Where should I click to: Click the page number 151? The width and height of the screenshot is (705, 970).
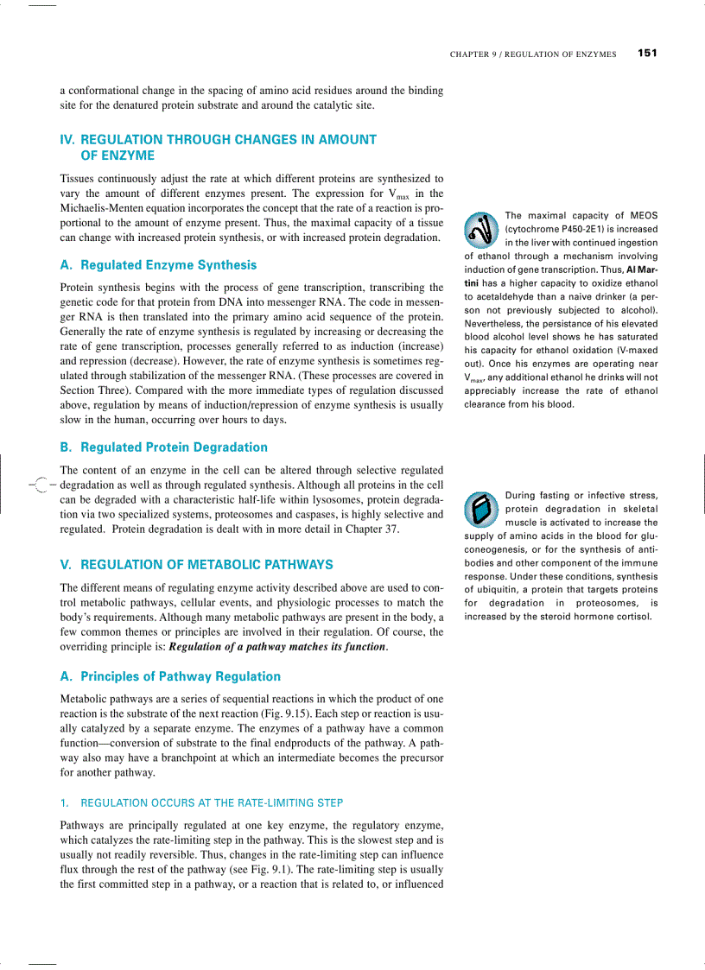point(647,54)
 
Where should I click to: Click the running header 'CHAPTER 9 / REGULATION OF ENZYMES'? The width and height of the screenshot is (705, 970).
point(533,54)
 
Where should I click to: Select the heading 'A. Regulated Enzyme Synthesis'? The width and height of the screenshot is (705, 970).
point(158,265)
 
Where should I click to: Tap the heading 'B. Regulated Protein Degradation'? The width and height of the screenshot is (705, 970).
point(163,447)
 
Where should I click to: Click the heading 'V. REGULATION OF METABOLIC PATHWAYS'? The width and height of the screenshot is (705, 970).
point(196,565)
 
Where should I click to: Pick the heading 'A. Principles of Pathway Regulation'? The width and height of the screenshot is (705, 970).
point(170,676)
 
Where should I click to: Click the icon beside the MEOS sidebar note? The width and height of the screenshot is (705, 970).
point(480,229)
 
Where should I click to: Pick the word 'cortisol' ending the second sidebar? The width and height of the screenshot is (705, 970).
point(636,617)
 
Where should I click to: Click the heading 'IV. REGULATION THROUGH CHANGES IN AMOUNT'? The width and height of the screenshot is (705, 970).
point(218,139)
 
